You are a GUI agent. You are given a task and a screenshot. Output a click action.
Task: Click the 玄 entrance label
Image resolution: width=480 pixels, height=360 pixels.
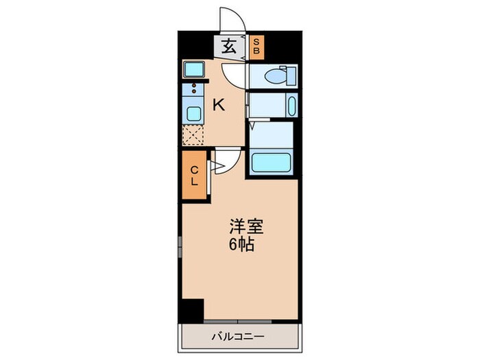tap(228, 47)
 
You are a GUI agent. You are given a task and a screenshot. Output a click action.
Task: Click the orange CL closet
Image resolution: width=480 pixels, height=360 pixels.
tap(194, 176)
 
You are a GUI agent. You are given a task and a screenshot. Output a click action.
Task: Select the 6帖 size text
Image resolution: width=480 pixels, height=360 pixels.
tap(242, 245)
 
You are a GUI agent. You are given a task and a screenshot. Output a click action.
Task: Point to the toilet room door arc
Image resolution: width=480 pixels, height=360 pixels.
tap(236, 74)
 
